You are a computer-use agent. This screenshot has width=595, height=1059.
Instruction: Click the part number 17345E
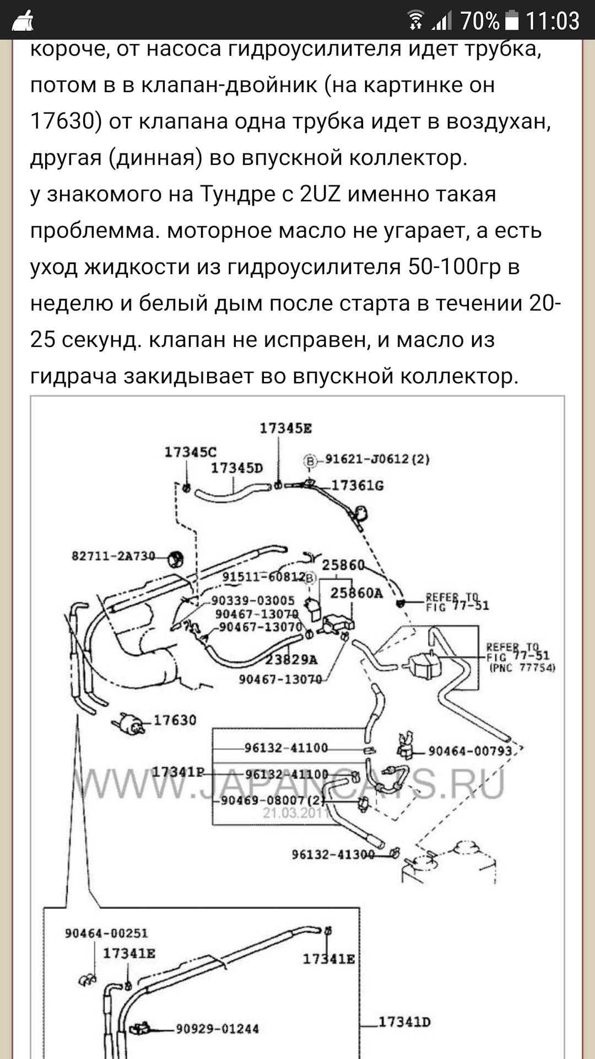[285, 429]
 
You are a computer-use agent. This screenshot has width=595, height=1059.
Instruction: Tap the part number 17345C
[191, 452]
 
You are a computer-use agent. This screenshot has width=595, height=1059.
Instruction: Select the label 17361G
[358, 486]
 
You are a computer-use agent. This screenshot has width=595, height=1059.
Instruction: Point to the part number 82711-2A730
[113, 556]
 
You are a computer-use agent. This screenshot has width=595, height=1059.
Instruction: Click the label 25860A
[356, 593]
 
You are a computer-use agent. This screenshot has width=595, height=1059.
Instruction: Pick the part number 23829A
[291, 660]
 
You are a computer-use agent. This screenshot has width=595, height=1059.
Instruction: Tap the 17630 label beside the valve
[175, 720]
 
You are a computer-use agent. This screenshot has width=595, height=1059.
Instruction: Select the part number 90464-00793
[470, 751]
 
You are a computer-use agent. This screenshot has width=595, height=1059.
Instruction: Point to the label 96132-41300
[333, 854]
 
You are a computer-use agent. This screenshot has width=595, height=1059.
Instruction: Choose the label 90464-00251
[106, 933]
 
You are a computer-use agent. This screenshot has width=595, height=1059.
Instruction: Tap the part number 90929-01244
[217, 1029]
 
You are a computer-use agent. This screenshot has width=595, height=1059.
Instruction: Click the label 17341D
[404, 1022]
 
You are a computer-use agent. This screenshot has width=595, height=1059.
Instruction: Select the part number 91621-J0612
[377, 459]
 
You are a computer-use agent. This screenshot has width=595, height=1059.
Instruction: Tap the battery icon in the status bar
[511, 21]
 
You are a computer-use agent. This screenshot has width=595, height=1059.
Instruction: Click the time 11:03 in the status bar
[553, 21]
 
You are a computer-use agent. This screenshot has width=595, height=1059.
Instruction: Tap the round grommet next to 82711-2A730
[176, 559]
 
